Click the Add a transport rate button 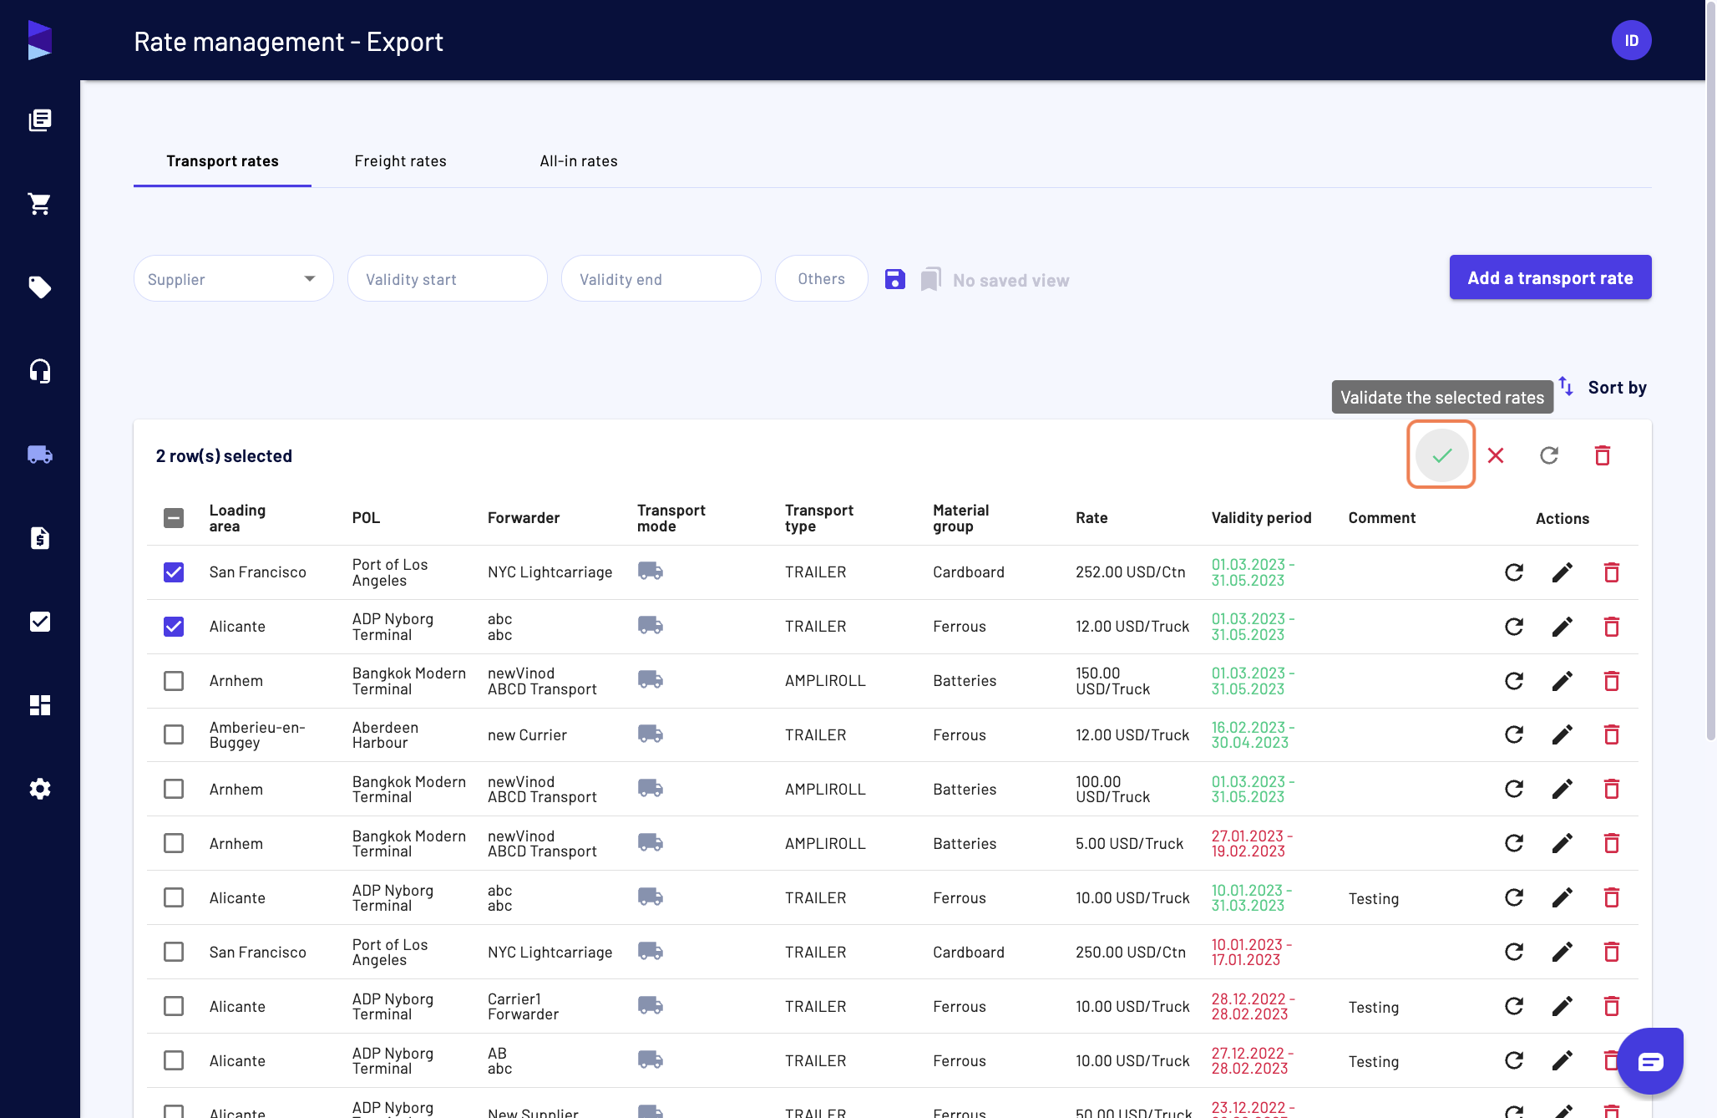pos(1550,277)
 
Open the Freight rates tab pos(400,161)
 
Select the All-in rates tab pos(579,161)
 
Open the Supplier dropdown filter pos(234,279)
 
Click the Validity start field pos(448,279)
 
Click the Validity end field pos(661,279)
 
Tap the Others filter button pos(822,279)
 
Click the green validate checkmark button pos(1441,455)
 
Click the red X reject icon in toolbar pos(1496,455)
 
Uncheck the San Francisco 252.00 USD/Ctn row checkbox pos(174,572)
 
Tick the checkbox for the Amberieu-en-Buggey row pos(174,734)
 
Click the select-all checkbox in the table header pos(174,518)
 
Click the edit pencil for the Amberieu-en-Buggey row pos(1563,734)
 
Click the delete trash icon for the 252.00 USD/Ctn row pos(1612,572)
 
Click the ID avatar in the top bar pos(1632,40)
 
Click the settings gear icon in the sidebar pos(40,789)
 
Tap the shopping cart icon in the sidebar pos(40,204)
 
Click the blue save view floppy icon pos(895,279)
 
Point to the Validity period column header pos(1261,518)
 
